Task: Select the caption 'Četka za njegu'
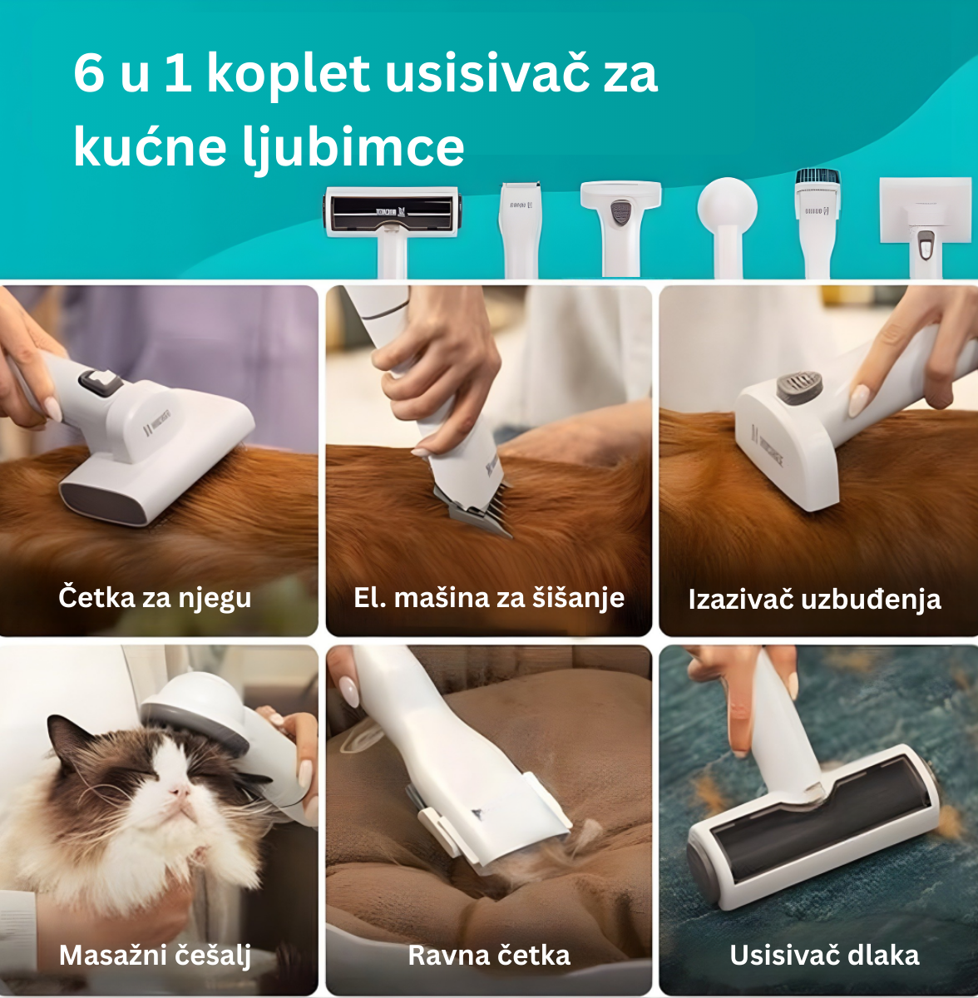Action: tap(156, 597)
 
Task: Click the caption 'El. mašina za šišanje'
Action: tap(489, 597)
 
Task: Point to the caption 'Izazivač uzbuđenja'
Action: tap(814, 599)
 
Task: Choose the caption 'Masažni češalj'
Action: tap(156, 955)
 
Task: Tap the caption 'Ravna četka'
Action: tap(489, 955)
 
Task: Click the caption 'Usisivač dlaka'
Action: tap(824, 955)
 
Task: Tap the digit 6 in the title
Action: tap(89, 73)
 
